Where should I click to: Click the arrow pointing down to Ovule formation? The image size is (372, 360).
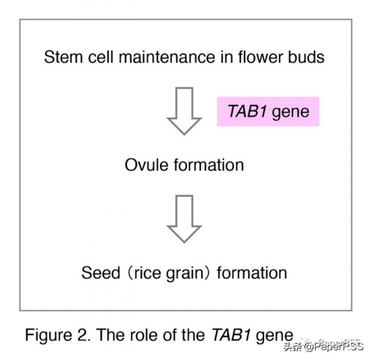tap(185, 111)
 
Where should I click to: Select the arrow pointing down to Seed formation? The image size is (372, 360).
tap(185, 218)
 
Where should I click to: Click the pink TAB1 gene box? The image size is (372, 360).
tap(267, 112)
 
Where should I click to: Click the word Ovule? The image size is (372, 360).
tap(144, 165)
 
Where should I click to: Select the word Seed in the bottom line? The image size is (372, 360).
tap(99, 272)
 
